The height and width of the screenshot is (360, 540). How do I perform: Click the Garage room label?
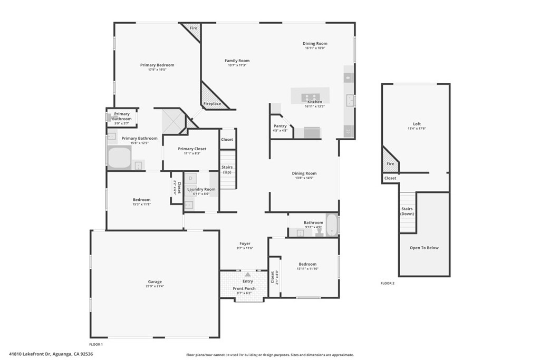pyautogui.click(x=155, y=281)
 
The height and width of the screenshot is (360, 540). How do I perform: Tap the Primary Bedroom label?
pyautogui.click(x=157, y=65)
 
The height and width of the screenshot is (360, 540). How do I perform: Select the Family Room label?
pyautogui.click(x=237, y=61)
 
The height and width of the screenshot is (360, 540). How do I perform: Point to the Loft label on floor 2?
pyautogui.click(x=417, y=124)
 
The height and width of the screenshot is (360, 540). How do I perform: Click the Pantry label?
pyautogui.click(x=280, y=126)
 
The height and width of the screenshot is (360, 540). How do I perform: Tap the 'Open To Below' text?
pyautogui.click(x=424, y=248)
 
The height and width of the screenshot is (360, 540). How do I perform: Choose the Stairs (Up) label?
pyautogui.click(x=227, y=170)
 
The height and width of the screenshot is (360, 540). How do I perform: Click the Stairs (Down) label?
pyautogui.click(x=407, y=211)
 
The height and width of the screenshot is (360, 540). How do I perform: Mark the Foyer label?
pyautogui.click(x=245, y=244)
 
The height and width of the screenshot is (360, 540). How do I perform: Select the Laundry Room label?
pyautogui.click(x=201, y=189)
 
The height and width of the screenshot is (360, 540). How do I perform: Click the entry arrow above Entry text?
pyautogui.click(x=247, y=274)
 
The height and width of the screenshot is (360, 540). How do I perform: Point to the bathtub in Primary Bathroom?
pyautogui.click(x=119, y=158)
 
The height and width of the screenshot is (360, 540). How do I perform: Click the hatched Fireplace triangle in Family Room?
pyautogui.click(x=211, y=98)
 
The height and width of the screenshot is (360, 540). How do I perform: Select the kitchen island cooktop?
pyautogui.click(x=310, y=98)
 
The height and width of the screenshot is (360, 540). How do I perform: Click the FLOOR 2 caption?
pyautogui.click(x=388, y=283)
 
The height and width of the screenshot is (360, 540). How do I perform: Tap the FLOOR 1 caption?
pyautogui.click(x=95, y=344)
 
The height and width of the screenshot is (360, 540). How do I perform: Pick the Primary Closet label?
pyautogui.click(x=192, y=149)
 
